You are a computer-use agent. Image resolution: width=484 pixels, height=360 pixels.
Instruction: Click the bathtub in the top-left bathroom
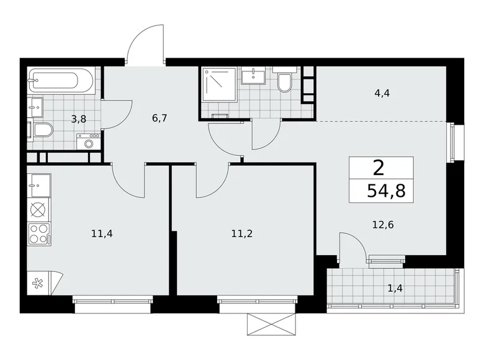[61, 81]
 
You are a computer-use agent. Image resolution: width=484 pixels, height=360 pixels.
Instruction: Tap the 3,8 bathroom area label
[78, 119]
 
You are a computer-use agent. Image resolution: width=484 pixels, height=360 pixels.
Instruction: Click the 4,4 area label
[382, 94]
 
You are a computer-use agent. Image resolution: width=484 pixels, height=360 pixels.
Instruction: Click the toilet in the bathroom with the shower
[285, 83]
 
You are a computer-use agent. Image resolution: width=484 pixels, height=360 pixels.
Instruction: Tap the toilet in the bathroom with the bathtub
[42, 130]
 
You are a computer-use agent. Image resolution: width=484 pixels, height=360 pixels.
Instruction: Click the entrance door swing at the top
[146, 43]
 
